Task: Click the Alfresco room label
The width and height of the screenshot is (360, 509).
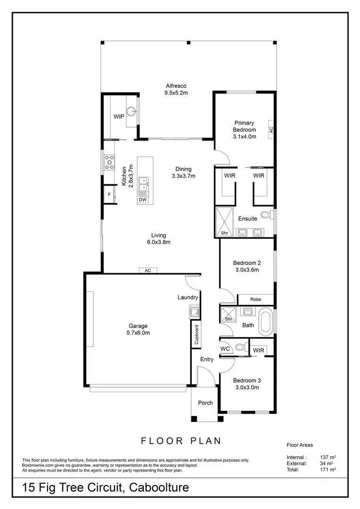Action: tap(176, 86)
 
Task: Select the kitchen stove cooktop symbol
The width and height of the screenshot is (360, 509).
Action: tap(109, 162)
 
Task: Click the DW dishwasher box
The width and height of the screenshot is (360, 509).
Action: tap(142, 200)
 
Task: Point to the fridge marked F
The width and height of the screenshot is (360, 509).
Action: tap(109, 194)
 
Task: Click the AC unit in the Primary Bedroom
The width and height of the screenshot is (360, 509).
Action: tap(271, 128)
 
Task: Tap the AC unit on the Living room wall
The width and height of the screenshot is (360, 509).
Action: tap(148, 271)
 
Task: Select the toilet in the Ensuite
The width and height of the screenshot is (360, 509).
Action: tap(266, 215)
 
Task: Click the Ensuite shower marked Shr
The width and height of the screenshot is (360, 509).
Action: tap(225, 222)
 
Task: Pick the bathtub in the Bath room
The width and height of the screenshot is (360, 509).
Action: tap(266, 321)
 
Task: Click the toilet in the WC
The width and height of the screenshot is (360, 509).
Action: tap(240, 348)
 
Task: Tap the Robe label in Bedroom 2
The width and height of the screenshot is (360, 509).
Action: tap(255, 299)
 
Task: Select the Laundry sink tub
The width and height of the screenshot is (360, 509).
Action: tap(194, 311)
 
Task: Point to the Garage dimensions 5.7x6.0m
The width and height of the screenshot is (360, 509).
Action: tap(139, 333)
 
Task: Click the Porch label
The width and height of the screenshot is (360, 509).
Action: tap(205, 402)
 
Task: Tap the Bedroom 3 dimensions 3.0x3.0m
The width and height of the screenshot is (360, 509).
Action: tap(246, 387)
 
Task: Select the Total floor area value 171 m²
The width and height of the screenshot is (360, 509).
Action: tap(327, 470)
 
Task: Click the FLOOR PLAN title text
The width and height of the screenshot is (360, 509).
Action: tap(181, 441)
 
